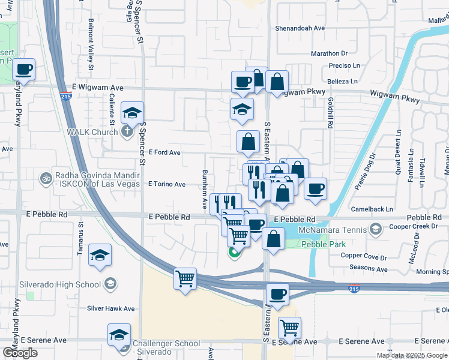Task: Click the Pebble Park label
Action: pyautogui.click(x=316, y=245)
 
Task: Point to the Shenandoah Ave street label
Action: pyautogui.click(x=300, y=28)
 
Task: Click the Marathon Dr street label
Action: pyautogui.click(x=329, y=53)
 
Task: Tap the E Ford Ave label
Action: pyautogui.click(x=164, y=152)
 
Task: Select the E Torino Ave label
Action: pyautogui.click(x=167, y=184)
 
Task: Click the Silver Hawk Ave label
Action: pyautogui.click(x=111, y=308)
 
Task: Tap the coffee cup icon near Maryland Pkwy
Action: pyautogui.click(x=24, y=69)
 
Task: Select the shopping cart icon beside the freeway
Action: pyautogui.click(x=185, y=278)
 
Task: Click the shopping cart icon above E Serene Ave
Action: pyautogui.click(x=290, y=328)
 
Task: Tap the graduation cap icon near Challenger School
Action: pyautogui.click(x=119, y=335)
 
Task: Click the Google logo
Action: pyautogui.click(x=20, y=353)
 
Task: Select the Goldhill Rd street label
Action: pyautogui.click(x=330, y=114)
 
